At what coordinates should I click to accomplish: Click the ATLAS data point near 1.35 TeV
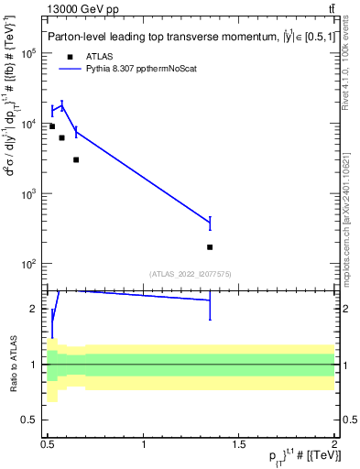[210, 247]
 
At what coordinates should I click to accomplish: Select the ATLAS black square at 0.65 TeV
[76, 159]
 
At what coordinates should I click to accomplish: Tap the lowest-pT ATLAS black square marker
[52, 126]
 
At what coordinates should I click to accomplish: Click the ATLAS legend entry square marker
[70, 56]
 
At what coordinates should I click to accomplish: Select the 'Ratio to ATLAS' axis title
[13, 364]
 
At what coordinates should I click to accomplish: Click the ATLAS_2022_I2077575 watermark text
[191, 273]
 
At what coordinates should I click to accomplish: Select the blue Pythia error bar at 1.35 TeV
[210, 223]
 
